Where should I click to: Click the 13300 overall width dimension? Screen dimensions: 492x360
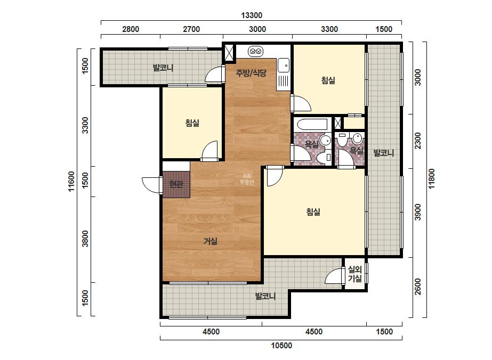(x=252, y=15)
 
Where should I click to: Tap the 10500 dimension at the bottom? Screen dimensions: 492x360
(x=281, y=346)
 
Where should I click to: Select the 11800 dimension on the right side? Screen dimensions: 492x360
(x=432, y=179)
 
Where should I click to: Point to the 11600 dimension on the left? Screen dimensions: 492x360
(x=71, y=181)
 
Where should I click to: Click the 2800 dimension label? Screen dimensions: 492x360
(x=131, y=29)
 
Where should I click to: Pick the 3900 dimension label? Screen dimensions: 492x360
(x=417, y=212)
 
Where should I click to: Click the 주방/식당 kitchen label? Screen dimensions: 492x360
(x=251, y=73)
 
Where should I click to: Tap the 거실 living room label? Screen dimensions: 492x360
(x=210, y=241)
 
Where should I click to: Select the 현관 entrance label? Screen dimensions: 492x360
(x=176, y=184)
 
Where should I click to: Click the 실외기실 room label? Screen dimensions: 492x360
(x=355, y=274)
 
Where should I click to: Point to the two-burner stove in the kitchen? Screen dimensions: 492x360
(x=255, y=51)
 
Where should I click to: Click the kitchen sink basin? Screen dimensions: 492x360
(x=284, y=65)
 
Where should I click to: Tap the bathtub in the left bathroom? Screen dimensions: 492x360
(x=312, y=124)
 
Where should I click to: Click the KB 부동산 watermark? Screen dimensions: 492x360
(x=247, y=179)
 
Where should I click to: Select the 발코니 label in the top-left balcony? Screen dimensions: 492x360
(x=163, y=68)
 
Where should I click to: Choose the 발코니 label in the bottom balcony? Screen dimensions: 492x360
(x=265, y=296)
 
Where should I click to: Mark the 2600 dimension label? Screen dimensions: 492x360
(x=417, y=287)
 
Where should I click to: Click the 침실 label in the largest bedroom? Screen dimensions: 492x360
(x=313, y=211)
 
